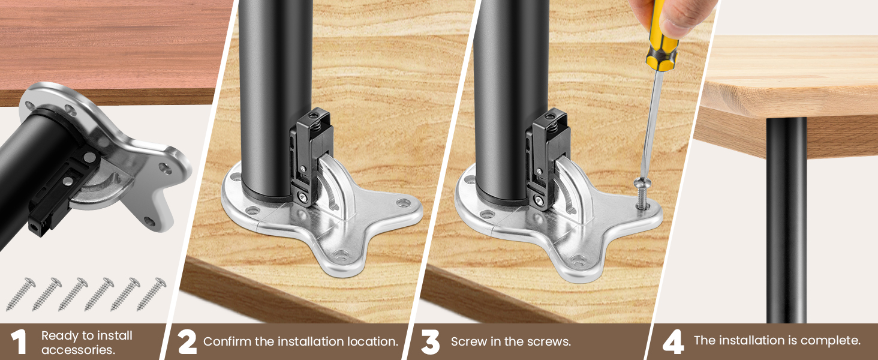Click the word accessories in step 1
(78, 350)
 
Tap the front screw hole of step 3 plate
(579, 259)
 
